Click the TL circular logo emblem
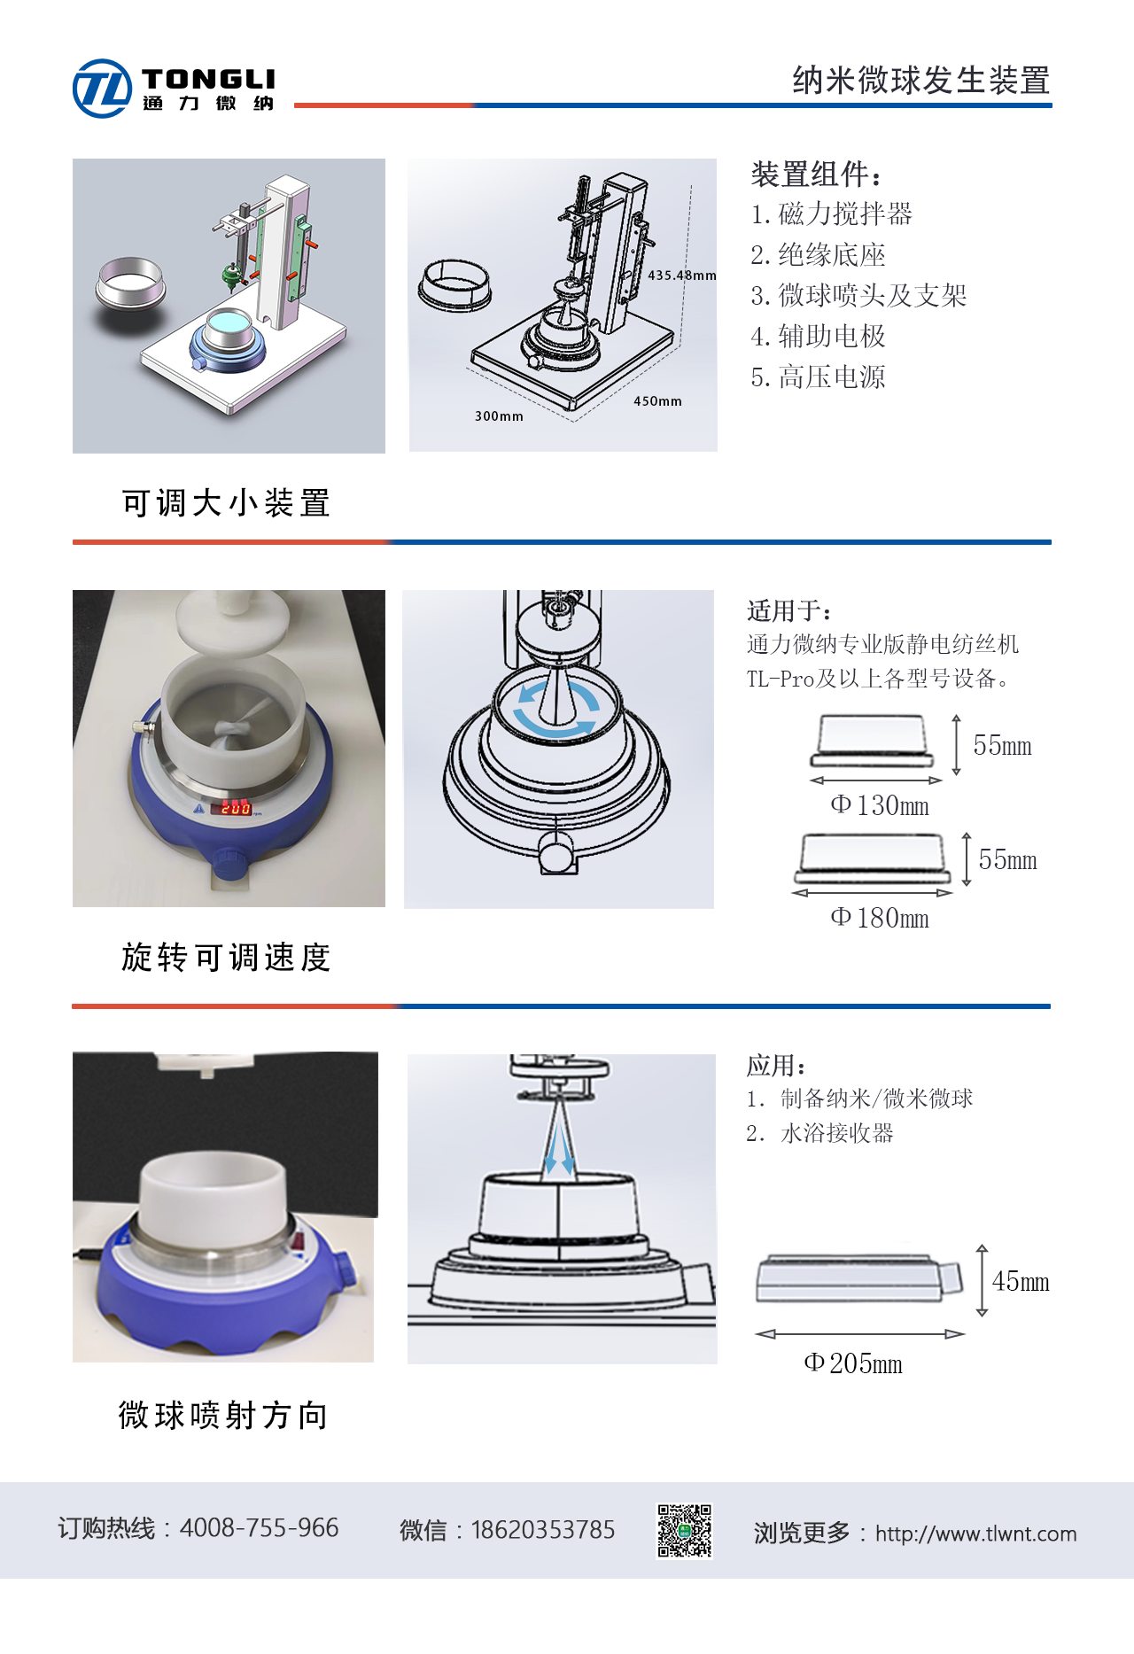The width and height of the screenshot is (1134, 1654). click(102, 89)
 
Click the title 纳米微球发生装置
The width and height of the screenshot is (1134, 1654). click(921, 81)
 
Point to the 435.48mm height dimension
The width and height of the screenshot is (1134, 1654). click(681, 276)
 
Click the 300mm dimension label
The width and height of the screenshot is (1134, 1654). click(499, 416)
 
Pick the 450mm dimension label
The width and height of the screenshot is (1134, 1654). click(657, 401)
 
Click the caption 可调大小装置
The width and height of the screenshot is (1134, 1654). click(226, 503)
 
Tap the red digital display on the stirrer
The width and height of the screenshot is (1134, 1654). click(236, 808)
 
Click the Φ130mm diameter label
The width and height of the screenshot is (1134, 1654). click(880, 805)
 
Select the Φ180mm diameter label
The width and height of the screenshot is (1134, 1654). click(880, 918)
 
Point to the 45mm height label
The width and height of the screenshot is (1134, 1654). click(1021, 1281)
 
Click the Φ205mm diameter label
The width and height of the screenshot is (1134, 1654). click(853, 1363)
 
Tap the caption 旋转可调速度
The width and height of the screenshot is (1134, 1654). click(226, 958)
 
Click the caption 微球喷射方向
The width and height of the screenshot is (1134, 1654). click(223, 1416)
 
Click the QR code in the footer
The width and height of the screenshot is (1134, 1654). click(684, 1530)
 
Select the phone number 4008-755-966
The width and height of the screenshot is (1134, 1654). click(259, 1528)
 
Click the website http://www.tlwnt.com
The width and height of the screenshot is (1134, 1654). click(976, 1534)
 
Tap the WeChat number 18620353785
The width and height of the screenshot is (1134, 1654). click(543, 1530)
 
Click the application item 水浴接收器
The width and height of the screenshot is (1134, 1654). click(837, 1133)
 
